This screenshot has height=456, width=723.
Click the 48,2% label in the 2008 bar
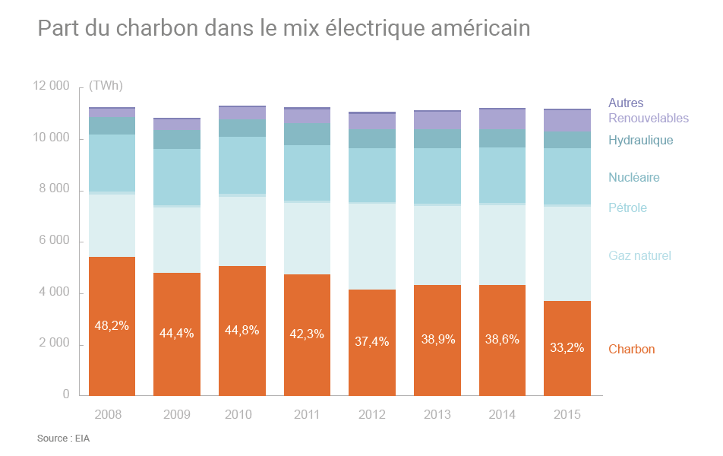[x=112, y=326]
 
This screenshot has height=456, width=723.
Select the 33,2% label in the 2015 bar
[x=567, y=348]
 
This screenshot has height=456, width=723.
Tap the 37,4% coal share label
[x=372, y=342]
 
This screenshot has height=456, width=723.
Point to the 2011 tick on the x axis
[x=307, y=415]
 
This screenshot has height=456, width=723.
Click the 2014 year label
[x=502, y=415]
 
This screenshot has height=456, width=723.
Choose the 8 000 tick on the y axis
[x=52, y=189]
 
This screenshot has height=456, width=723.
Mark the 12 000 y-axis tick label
[x=50, y=86]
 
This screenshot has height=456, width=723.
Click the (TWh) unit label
[x=106, y=86]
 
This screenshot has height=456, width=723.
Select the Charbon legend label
[x=631, y=350]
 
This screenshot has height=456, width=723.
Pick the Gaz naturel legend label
[x=639, y=256]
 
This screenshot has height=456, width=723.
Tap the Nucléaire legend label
[x=633, y=178]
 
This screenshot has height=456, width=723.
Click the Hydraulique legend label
[x=640, y=141]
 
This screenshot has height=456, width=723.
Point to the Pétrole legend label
[x=627, y=207]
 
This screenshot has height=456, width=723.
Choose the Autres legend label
[x=626, y=103]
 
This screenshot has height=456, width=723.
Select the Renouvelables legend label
[x=648, y=119]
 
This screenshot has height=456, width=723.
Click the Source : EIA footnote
[x=63, y=439]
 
